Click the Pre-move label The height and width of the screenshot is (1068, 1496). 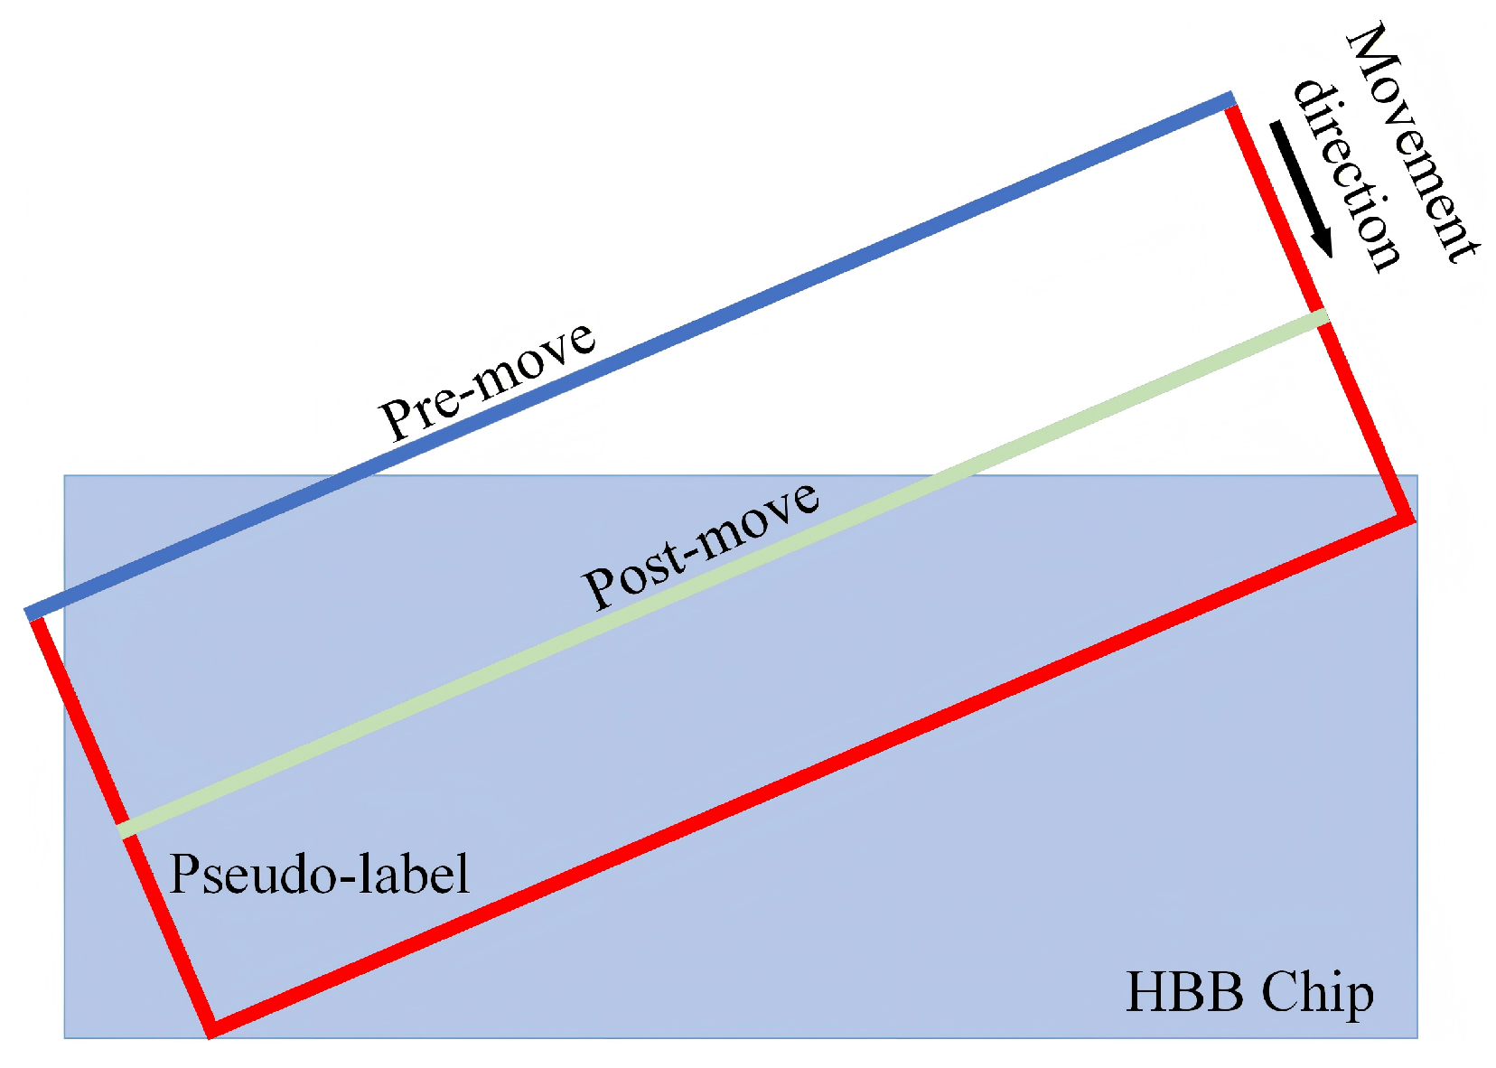pyautogui.click(x=487, y=380)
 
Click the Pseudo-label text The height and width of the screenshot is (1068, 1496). pyautogui.click(x=319, y=874)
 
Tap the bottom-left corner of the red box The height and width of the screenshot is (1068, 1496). pyautogui.click(x=211, y=1028)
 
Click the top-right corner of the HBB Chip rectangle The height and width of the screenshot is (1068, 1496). pyautogui.click(x=1417, y=476)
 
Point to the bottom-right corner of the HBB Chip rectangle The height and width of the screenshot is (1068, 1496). pyautogui.click(x=1417, y=1036)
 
